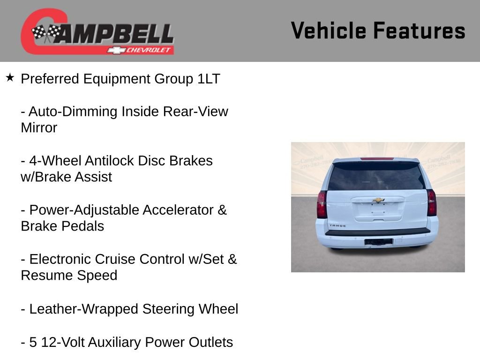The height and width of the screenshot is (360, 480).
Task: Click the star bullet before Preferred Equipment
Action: coord(10,77)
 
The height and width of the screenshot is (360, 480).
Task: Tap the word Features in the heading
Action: coord(419,31)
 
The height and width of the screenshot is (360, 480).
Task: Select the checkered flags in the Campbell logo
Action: coord(46,33)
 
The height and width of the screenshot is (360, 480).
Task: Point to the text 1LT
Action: coord(208,79)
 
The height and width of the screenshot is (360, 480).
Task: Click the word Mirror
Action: coord(39,128)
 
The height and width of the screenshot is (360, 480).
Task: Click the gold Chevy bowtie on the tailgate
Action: coord(378,200)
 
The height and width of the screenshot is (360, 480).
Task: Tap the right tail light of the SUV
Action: coord(431,202)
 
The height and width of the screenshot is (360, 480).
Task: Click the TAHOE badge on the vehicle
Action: coord(337,225)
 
